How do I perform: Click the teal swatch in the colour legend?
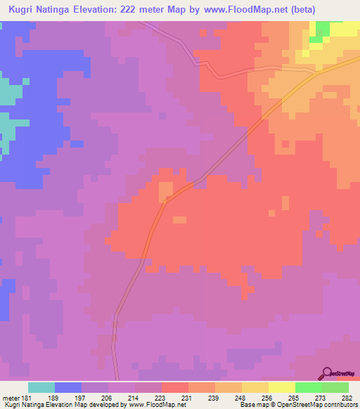click(x=41, y=387)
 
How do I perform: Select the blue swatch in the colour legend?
click(x=68, y=387)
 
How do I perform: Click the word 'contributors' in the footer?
click(x=340, y=405)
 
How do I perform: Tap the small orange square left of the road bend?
click(x=166, y=190)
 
